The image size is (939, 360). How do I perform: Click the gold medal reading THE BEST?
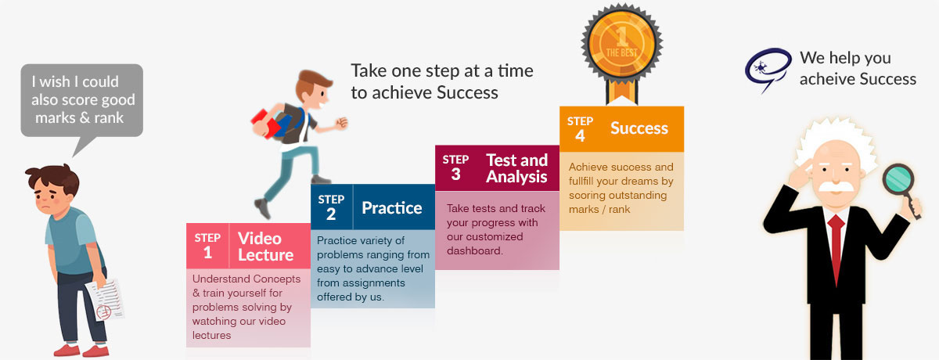click(621, 42)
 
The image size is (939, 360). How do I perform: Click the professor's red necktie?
click(836, 250)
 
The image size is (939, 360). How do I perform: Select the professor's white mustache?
click(836, 187)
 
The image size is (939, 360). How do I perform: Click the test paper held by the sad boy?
click(105, 299)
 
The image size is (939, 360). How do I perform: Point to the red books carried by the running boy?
click(266, 124)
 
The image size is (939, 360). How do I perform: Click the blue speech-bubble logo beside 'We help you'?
click(768, 69)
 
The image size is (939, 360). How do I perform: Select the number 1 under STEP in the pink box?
click(207, 252)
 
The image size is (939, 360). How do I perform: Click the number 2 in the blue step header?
click(331, 214)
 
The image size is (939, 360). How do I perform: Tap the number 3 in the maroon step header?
click(455, 175)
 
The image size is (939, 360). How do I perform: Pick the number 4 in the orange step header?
click(580, 136)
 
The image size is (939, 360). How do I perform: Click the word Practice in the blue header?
click(391, 208)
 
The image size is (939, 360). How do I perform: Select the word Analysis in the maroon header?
click(516, 176)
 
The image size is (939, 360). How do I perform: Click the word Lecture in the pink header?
click(266, 255)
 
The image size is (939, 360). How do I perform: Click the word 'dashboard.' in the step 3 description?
click(474, 250)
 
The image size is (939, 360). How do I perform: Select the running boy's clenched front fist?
click(342, 122)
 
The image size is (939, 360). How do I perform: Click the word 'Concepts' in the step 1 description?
click(277, 279)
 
